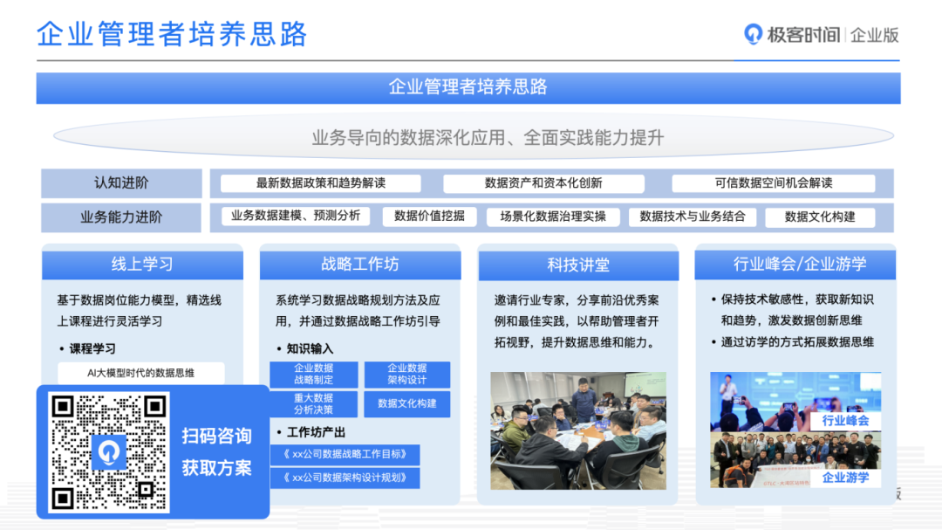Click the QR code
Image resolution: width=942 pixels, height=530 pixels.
coord(109,452)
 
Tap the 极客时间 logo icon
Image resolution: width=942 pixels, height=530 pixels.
coord(753,34)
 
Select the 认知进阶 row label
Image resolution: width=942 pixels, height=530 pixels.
coord(121,182)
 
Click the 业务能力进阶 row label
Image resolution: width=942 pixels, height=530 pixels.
coord(121,217)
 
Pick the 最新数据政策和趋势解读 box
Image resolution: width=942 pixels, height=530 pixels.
coord(321,182)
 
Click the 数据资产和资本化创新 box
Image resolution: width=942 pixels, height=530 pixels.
coord(543,182)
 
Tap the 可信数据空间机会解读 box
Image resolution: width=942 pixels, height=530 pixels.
coord(773,182)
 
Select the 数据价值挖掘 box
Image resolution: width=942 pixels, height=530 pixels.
coord(429,217)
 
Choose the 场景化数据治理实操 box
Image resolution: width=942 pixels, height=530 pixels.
coord(553,217)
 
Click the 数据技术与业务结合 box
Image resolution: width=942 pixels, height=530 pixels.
coord(693,217)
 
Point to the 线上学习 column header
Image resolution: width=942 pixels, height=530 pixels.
coord(142,264)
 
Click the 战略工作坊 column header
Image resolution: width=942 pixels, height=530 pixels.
coord(360,264)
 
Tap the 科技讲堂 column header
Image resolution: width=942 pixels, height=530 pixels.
coord(578,264)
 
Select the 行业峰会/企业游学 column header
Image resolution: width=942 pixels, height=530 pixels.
coord(795,264)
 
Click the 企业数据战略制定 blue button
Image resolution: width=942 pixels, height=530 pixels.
coord(314,375)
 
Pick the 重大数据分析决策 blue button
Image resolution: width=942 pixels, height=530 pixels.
coord(314,403)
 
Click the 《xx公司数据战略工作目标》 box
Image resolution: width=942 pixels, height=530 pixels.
coord(345,454)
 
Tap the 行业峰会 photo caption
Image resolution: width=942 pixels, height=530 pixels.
coord(845,421)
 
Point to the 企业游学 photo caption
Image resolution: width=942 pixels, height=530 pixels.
coord(845,478)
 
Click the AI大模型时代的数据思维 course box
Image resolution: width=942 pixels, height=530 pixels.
coord(141,373)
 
